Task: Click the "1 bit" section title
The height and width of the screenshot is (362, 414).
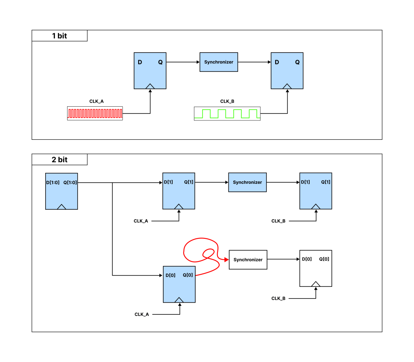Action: (59, 36)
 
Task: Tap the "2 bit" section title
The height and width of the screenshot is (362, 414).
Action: (59, 160)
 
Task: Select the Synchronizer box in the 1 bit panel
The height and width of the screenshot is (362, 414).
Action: (219, 62)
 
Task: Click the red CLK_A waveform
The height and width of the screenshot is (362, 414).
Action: (95, 114)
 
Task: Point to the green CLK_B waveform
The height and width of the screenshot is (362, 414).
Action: (227, 114)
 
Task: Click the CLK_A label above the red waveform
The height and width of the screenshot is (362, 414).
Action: (96, 101)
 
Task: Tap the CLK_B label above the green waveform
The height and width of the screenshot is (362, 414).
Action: (227, 101)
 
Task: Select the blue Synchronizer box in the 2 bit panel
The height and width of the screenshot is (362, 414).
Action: (247, 182)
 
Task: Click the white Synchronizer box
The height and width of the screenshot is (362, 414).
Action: (248, 260)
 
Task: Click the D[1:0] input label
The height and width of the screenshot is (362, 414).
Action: (53, 182)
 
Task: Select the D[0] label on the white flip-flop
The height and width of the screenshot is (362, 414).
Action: (307, 259)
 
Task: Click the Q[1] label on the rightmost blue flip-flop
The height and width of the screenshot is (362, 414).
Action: (325, 182)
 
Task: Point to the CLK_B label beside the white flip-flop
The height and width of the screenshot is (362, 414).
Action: (278, 299)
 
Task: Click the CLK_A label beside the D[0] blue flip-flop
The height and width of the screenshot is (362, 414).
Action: (142, 314)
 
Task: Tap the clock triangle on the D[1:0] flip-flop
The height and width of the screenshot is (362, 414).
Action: (61, 207)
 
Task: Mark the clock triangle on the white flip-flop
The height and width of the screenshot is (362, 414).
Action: (316, 284)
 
